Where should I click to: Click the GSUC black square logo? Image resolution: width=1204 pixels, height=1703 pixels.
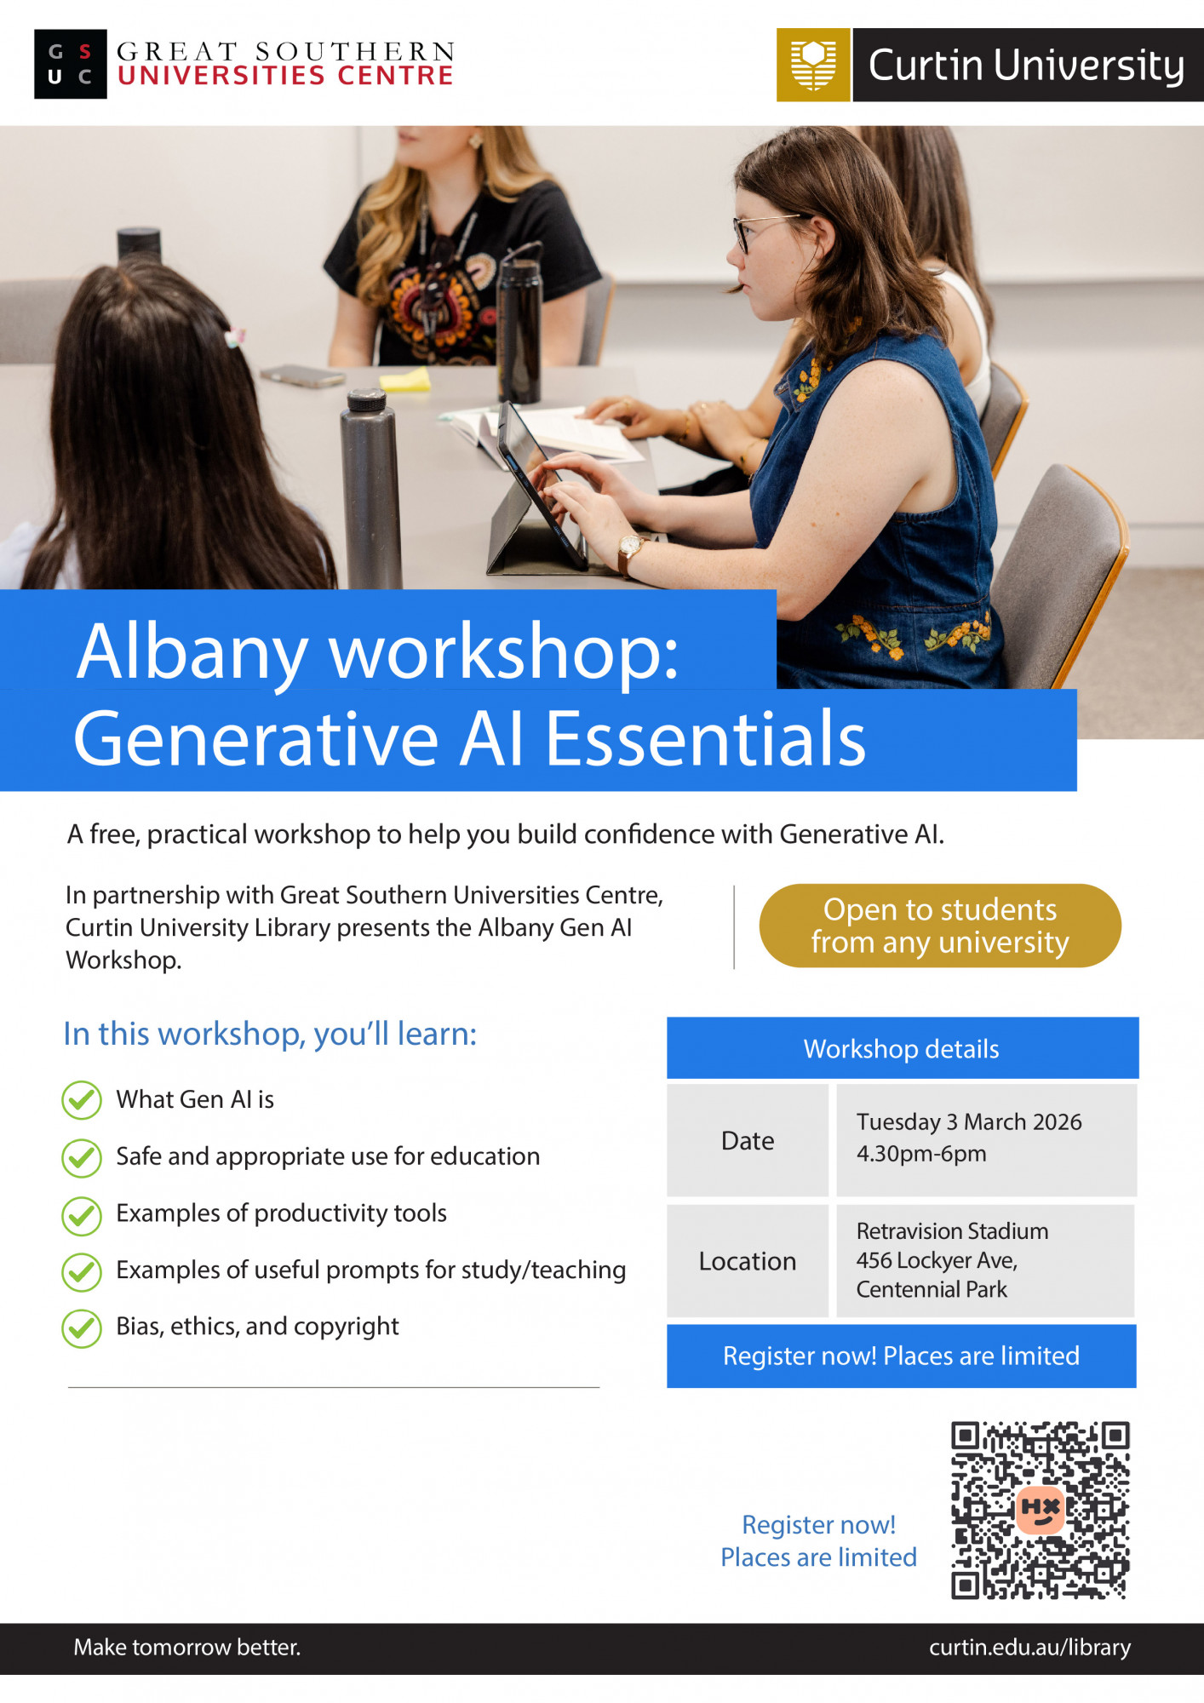71,64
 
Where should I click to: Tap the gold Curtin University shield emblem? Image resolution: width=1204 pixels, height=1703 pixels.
813,65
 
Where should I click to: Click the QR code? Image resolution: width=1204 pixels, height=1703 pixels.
1040,1510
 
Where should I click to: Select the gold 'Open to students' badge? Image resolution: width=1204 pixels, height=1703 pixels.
940,926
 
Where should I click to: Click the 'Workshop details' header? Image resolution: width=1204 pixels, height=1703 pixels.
903,1048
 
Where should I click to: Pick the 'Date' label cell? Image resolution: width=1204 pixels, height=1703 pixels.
748,1140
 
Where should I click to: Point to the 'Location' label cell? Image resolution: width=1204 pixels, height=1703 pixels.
748,1261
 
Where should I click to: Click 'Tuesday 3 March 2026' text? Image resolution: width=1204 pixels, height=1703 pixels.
969,1122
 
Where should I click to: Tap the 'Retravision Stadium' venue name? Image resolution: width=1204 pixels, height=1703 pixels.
952,1231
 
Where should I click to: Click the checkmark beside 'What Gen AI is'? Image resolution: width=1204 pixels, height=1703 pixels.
82,1100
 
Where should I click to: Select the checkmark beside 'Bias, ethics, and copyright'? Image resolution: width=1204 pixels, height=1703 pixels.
82,1327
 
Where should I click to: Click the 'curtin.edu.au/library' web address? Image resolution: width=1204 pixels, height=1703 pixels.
1029,1647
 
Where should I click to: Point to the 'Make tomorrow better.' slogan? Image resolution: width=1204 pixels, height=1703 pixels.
187,1647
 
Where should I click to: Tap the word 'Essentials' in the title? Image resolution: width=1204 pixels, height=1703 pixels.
705,738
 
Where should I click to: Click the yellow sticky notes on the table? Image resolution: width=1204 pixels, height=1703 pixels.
405,380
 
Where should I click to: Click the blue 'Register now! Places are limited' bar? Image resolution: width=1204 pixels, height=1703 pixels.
902,1356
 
